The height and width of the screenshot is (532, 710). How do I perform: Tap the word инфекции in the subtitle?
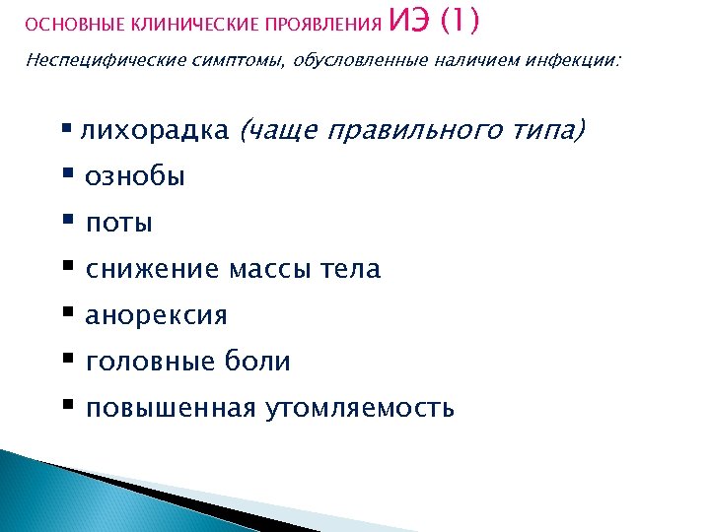click(581, 61)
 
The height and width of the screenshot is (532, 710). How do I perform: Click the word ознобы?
click(135, 177)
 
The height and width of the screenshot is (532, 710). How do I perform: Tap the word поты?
click(118, 224)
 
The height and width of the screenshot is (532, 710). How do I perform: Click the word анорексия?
click(156, 315)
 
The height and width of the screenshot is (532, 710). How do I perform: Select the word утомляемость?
click(360, 408)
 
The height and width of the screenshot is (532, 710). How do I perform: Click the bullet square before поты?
click(68, 222)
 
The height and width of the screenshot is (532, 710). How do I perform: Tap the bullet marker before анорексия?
click(68, 313)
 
